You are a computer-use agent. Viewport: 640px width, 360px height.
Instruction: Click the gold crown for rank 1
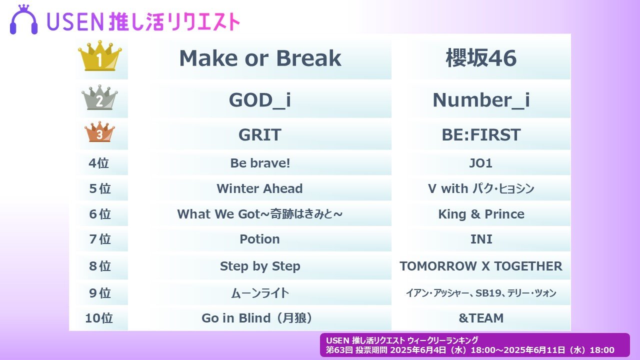point(99,55)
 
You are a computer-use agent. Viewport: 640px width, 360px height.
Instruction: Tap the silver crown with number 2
point(99,97)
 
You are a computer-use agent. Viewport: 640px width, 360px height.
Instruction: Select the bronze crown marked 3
point(99,132)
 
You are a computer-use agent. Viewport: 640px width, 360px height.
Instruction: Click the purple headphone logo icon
point(23,19)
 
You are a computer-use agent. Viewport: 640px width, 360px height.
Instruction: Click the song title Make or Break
point(260,58)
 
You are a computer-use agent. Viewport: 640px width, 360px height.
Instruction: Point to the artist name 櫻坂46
point(481,58)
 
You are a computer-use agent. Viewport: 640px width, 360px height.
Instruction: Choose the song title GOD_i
point(260,100)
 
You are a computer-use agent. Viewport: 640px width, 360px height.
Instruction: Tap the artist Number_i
point(481,100)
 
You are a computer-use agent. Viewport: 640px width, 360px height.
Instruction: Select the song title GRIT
point(260,135)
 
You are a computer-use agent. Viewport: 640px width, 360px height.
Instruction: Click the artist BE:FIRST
point(481,135)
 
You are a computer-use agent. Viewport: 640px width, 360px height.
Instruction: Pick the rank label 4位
point(99,163)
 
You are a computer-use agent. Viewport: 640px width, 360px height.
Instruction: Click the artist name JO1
point(481,163)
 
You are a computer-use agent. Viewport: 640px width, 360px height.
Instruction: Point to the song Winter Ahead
point(259,188)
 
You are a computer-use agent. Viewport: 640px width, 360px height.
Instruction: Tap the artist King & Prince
point(481,214)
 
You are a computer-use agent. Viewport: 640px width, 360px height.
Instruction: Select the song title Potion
point(259,239)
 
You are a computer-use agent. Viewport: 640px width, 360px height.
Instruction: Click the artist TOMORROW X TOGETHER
point(481,266)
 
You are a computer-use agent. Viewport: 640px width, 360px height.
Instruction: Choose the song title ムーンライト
point(260,293)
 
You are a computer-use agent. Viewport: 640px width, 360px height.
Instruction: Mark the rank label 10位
point(99,318)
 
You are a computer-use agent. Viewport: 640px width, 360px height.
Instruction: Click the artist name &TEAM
point(481,318)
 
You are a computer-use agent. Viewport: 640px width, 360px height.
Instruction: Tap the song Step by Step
point(260,266)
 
